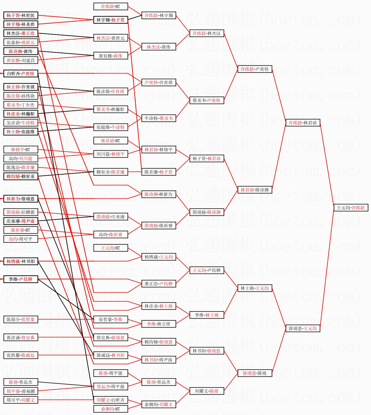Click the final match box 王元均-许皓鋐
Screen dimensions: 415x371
click(351, 208)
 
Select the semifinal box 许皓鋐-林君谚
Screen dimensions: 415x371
click(303, 123)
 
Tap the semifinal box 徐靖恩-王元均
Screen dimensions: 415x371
click(303, 328)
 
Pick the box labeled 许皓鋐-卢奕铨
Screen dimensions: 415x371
click(255, 69)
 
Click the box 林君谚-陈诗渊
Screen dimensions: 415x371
click(255, 190)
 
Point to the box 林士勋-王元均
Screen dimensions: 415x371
click(255, 288)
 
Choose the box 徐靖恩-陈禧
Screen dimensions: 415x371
click(255, 373)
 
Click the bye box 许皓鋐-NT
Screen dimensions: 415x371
click(110, 6)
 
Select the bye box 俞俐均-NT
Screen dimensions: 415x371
click(110, 409)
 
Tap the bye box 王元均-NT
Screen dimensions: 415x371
click(110, 248)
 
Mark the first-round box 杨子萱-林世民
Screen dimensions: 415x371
click(21, 15)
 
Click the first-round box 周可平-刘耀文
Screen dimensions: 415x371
click(21, 400)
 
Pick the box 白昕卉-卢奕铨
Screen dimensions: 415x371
click(21, 73)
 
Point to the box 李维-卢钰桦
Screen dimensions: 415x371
click(21, 279)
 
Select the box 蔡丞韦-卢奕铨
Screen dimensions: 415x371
click(206, 100)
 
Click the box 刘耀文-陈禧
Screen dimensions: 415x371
click(206, 391)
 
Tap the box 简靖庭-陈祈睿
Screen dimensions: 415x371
click(158, 226)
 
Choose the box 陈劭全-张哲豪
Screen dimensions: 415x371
click(21, 319)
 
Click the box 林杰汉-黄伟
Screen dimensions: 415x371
click(158, 47)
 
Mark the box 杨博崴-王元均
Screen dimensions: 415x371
click(158, 257)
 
